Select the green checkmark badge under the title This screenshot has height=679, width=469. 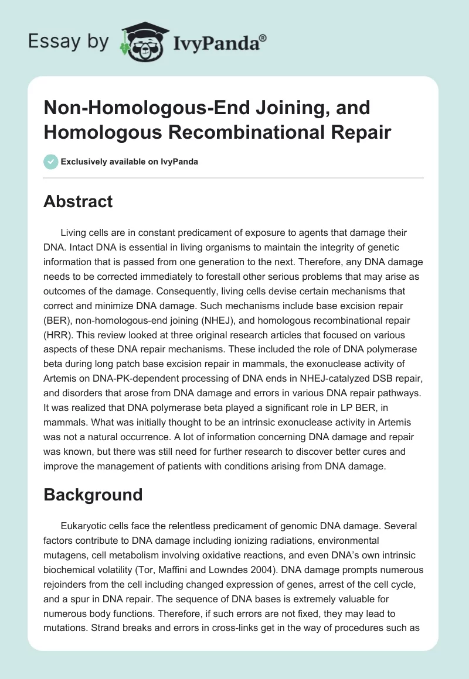click(50, 162)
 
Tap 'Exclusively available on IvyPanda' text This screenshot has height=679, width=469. click(129, 162)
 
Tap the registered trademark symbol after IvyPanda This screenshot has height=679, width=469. click(263, 38)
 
